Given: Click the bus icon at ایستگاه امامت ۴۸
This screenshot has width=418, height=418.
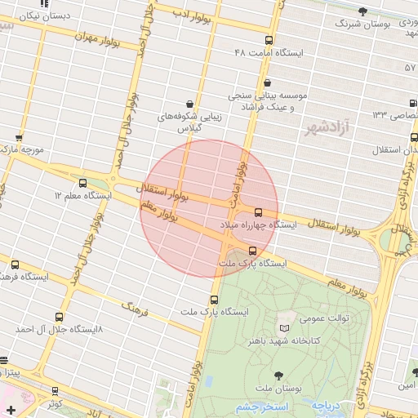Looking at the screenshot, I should point(269,40).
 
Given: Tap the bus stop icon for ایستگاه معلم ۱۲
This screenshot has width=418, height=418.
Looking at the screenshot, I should point(82,184).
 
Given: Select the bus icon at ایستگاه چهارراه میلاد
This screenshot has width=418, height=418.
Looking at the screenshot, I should point(259,211).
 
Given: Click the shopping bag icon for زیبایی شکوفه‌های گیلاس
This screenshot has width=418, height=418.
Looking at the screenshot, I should point(190,104).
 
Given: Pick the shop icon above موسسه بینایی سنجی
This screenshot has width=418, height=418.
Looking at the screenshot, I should point(268,82).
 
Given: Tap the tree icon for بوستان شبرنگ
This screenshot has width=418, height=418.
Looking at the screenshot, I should point(362,11).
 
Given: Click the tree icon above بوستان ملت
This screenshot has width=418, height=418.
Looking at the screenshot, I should point(280,374).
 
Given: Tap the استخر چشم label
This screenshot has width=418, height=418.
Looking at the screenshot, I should point(256,407).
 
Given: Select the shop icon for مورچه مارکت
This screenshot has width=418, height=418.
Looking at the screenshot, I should point(20,137).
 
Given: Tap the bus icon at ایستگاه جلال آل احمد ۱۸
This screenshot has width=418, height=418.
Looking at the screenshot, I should point(58,316).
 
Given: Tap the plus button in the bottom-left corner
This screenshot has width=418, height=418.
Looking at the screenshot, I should point(10,408).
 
